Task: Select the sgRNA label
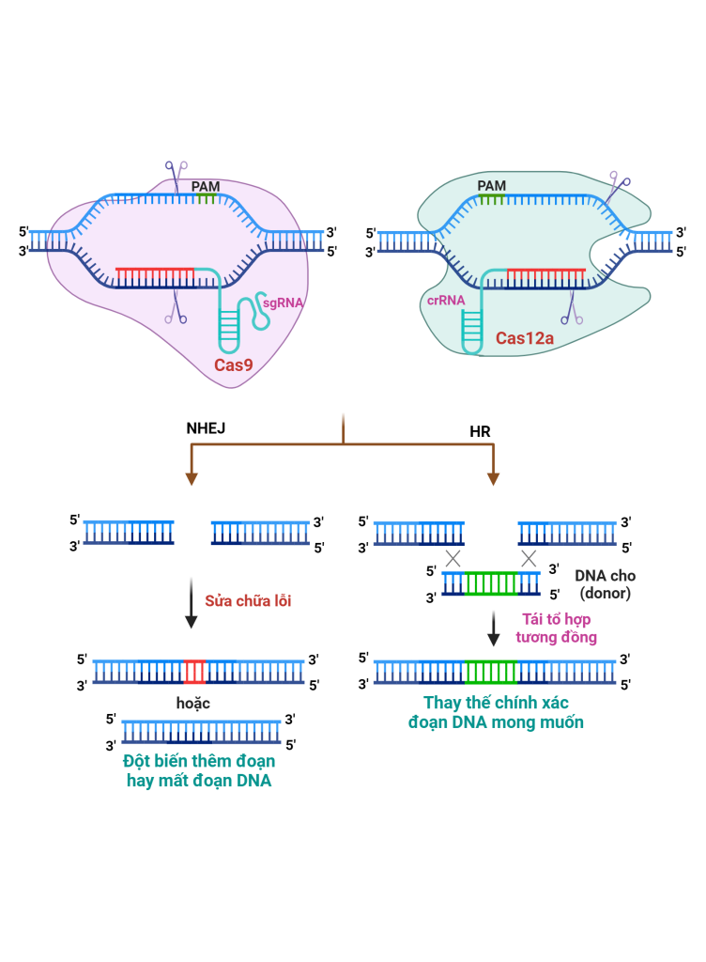[283, 303]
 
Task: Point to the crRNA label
[442, 300]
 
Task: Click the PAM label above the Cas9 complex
[206, 187]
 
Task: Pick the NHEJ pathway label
[207, 428]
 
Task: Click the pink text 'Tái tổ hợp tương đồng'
[555, 628]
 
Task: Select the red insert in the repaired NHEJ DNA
[195, 672]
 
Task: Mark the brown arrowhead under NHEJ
[192, 479]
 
